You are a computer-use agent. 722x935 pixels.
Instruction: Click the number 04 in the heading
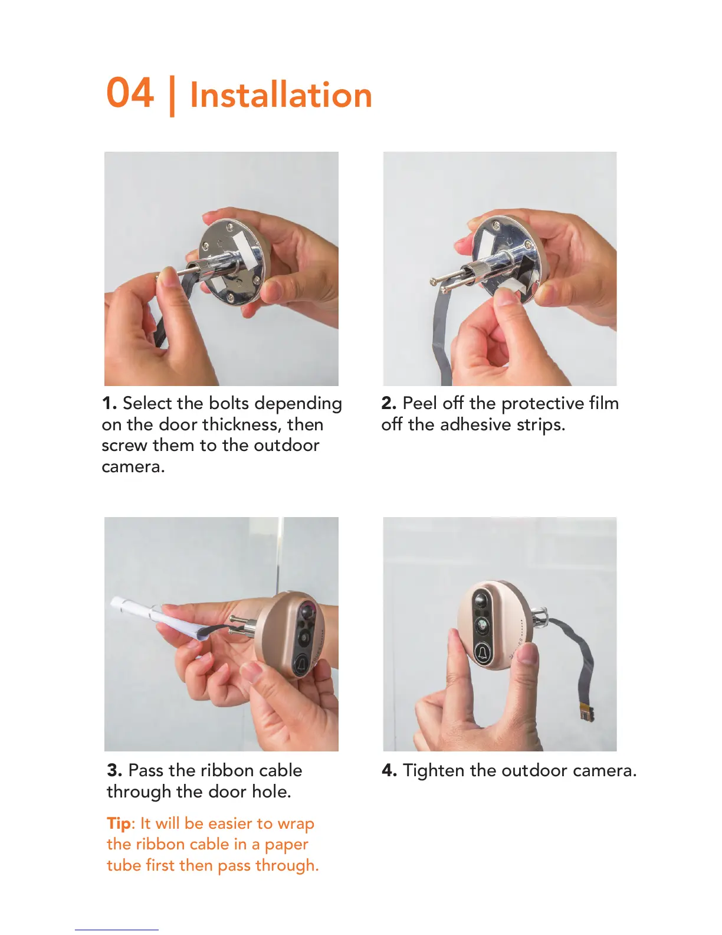click(130, 92)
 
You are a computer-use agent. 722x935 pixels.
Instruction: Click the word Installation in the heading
click(281, 94)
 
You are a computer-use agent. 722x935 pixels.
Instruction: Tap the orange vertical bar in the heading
click(172, 96)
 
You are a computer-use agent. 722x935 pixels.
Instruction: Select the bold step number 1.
click(109, 403)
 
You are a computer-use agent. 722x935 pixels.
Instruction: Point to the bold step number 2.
click(389, 403)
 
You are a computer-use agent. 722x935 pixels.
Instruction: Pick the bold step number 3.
click(114, 770)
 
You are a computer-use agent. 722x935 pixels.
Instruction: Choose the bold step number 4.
click(389, 770)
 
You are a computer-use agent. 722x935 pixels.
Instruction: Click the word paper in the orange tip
click(287, 845)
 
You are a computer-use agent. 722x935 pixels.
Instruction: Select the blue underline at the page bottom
click(117, 930)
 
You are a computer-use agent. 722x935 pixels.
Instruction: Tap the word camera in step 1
click(133, 467)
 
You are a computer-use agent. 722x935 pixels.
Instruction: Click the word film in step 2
click(604, 403)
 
